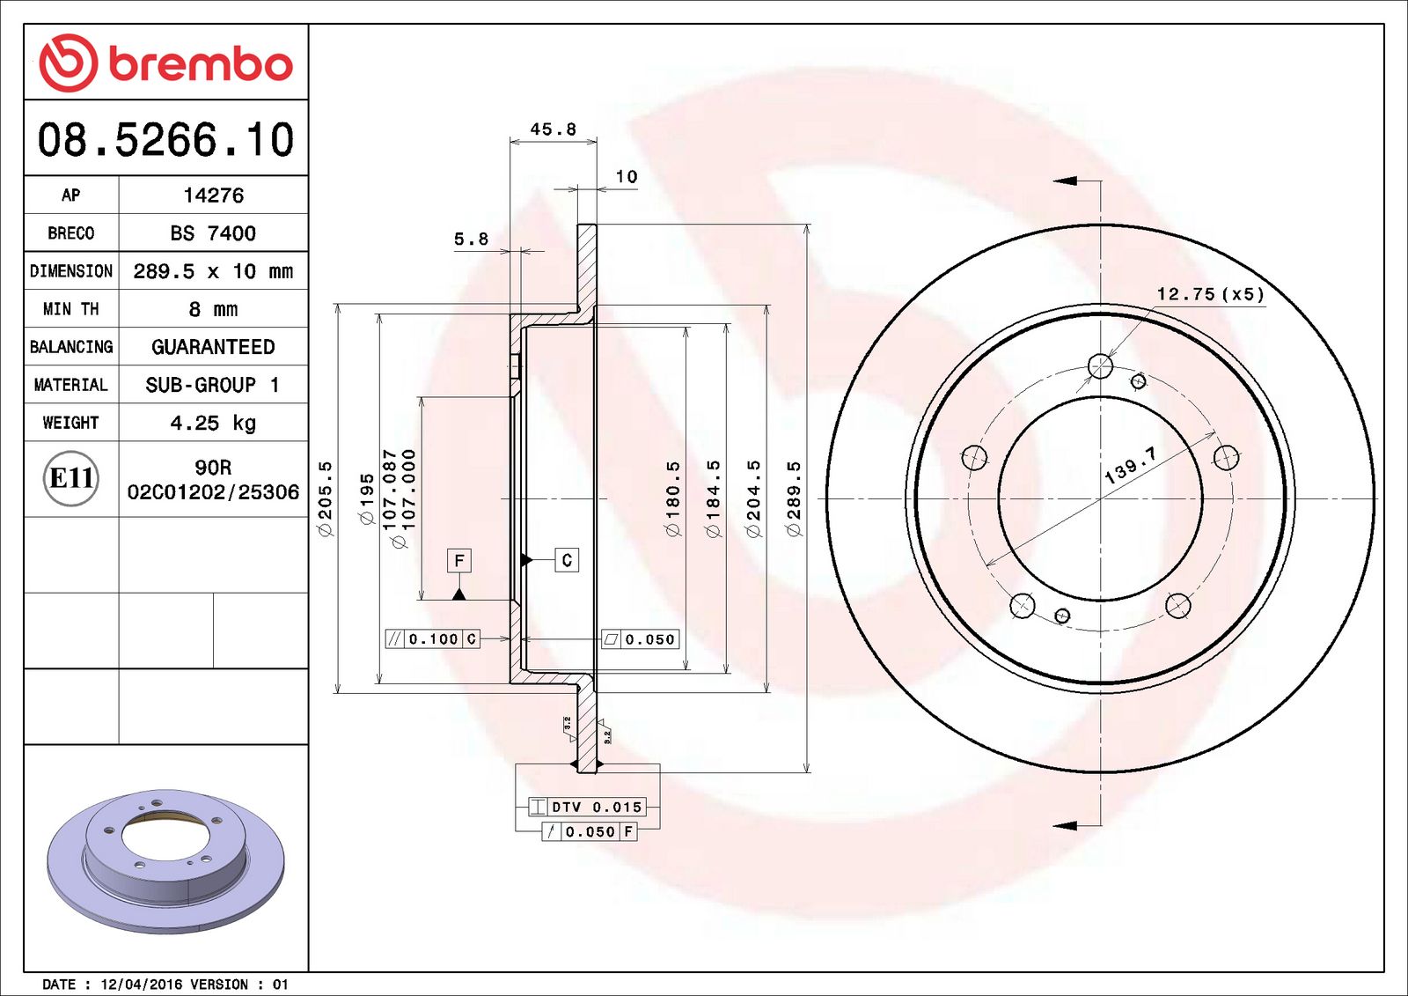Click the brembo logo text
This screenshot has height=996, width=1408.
(200, 64)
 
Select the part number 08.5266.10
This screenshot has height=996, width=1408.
(165, 140)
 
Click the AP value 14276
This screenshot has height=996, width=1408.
(213, 196)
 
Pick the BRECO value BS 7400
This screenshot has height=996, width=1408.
(213, 233)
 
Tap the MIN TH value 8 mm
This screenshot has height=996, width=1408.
(213, 309)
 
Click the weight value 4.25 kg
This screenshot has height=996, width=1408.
(213, 423)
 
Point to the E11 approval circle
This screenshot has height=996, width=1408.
(70, 478)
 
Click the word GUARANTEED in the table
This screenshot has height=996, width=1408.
(213, 347)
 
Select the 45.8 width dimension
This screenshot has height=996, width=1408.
(553, 129)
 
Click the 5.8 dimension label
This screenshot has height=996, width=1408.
(471, 239)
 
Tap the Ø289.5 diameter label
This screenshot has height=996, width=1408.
(794, 498)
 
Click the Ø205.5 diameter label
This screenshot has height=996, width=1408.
(326, 498)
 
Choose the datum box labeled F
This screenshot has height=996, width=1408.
(458, 560)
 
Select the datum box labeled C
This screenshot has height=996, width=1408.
(567, 560)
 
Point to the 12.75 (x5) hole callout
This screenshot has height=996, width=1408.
(1210, 294)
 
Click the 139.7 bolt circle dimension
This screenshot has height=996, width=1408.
(1130, 465)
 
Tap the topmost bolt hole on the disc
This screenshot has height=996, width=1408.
(1100, 365)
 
